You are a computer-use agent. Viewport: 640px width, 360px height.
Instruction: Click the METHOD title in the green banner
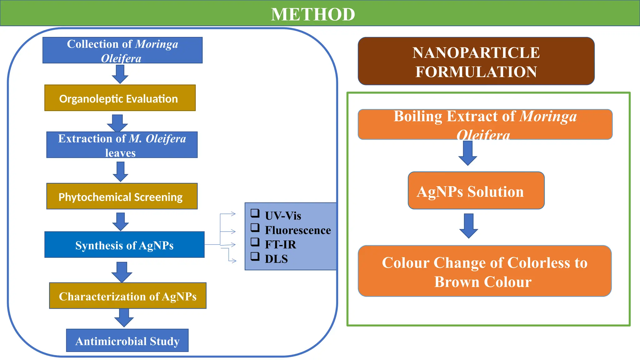(x=313, y=14)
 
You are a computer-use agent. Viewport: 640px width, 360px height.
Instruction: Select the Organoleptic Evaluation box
(x=120, y=98)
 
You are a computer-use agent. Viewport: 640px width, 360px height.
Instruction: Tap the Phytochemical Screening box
(x=122, y=196)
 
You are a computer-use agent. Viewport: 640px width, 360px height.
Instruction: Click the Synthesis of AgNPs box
(x=124, y=245)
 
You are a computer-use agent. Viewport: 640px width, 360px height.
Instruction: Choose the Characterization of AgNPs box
(x=127, y=296)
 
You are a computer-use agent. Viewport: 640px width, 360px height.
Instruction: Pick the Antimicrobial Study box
(x=127, y=341)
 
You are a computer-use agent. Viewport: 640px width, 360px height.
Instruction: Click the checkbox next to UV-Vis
(x=255, y=213)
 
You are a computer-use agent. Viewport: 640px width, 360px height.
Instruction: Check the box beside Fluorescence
(x=255, y=227)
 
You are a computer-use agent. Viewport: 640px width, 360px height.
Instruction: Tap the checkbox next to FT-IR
(x=255, y=242)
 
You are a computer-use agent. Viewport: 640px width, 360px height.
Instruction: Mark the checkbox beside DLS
(x=255, y=256)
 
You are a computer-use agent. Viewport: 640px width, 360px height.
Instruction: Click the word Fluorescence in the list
(x=298, y=230)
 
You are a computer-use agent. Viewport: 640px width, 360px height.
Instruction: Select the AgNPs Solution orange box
(x=476, y=191)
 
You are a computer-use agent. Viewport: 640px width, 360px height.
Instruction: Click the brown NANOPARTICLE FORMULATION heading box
(x=476, y=61)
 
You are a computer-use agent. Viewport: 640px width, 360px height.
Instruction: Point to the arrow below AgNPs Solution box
(x=468, y=226)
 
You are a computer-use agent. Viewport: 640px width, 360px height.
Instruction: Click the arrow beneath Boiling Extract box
(x=467, y=153)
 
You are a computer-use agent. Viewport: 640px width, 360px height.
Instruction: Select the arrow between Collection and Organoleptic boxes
(x=120, y=74)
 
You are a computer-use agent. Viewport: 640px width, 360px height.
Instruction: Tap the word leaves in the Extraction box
(x=120, y=153)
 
